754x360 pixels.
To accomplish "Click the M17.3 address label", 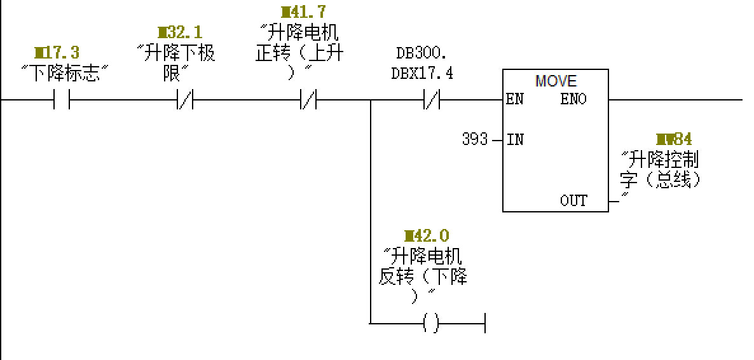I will pos(57,53).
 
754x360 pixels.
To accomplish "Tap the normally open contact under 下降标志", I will pos(62,100).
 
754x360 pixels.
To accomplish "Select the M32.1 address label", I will pos(180,32).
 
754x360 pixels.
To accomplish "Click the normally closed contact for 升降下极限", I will pos(185,100).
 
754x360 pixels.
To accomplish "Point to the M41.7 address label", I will pos(303,12).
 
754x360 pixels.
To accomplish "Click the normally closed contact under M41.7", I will pos(308,100).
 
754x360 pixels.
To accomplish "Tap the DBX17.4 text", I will pos(422,74).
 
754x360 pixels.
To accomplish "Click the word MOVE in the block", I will pos(556,81).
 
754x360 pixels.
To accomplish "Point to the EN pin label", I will pos(515,100).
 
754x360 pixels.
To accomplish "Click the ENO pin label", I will pos(573,100).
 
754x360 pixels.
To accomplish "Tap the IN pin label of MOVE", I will pos(515,139).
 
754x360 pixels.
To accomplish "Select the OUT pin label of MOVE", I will pos(573,201).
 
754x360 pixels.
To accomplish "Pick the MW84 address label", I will pos(674,139).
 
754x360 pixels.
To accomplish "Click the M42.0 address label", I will pos(426,237).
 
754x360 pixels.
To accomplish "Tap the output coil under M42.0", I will pos(430,324).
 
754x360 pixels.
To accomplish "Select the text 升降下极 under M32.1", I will pos(176,53).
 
